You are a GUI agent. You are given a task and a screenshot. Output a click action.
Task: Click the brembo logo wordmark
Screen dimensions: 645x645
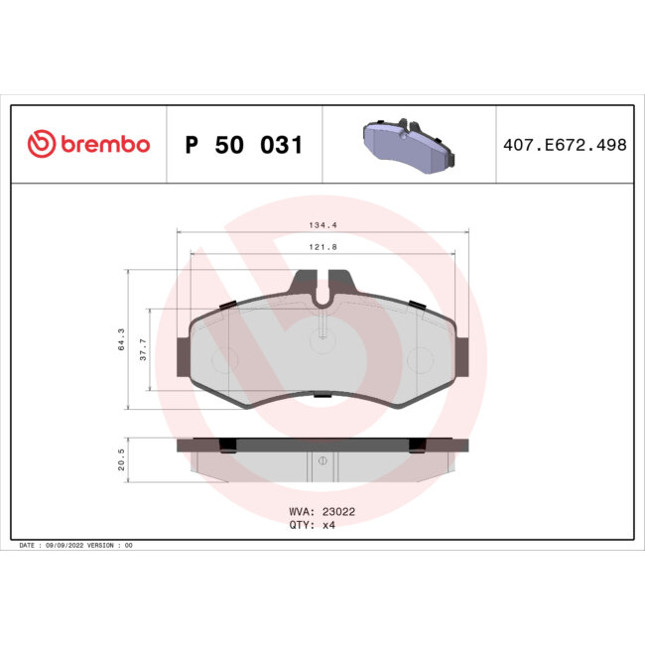click(x=105, y=145)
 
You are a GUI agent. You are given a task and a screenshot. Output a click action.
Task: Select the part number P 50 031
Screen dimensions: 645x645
click(x=243, y=145)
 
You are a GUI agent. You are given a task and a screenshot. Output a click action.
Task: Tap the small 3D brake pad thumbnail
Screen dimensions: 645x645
click(x=406, y=143)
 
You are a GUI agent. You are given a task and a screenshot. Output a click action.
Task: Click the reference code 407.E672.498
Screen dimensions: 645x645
click(x=564, y=145)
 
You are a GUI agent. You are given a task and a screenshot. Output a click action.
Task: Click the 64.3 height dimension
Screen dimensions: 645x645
click(x=121, y=339)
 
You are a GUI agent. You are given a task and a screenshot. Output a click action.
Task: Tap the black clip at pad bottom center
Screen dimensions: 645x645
click(x=322, y=396)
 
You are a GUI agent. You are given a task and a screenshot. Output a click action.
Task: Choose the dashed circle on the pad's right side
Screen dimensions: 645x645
click(x=418, y=359)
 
